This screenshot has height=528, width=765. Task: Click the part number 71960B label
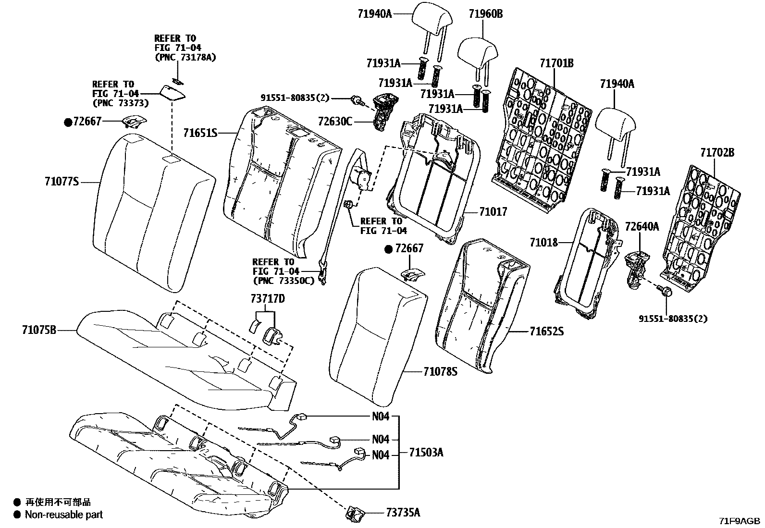pyautogui.click(x=485, y=14)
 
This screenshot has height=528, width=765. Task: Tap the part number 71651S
pyautogui.click(x=200, y=133)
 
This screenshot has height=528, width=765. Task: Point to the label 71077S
pyautogui.click(x=61, y=182)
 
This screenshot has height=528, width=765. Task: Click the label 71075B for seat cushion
pyautogui.click(x=39, y=330)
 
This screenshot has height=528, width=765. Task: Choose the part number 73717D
pyautogui.click(x=267, y=299)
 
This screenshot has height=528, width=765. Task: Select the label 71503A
pyautogui.click(x=426, y=452)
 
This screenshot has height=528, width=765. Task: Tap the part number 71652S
pyautogui.click(x=547, y=331)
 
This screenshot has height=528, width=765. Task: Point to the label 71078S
pyautogui.click(x=440, y=371)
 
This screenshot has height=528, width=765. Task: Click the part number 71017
pyautogui.click(x=493, y=211)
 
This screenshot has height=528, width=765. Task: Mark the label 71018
pyautogui.click(x=544, y=242)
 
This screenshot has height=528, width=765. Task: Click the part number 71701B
pyautogui.click(x=556, y=63)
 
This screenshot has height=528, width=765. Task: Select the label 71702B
pyautogui.click(x=717, y=153)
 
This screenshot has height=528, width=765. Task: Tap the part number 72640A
pyautogui.click(x=642, y=226)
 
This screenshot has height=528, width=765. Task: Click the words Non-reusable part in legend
pyautogui.click(x=64, y=515)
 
